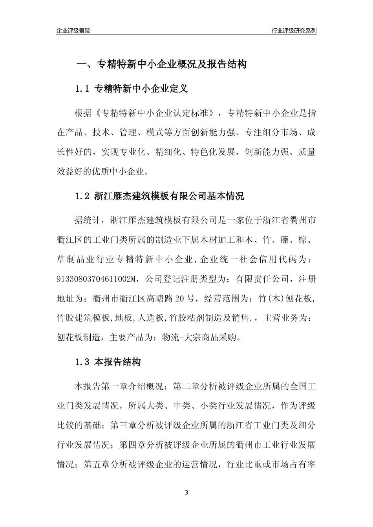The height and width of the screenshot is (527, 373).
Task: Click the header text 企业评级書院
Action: coord(73,31)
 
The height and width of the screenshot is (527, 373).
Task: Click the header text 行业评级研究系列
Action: coord(294,31)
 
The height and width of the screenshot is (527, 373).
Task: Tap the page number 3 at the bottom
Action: coord(186,492)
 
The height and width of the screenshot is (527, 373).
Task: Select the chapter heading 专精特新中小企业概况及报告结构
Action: coord(171,64)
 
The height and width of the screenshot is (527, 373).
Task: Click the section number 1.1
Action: coord(83,89)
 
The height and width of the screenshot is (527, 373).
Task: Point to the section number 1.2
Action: coord(83,196)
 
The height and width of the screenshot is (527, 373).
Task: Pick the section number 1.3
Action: coord(83,362)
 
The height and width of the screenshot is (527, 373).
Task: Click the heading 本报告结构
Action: coord(118,362)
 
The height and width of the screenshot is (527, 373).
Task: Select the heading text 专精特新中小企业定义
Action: coord(141,89)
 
